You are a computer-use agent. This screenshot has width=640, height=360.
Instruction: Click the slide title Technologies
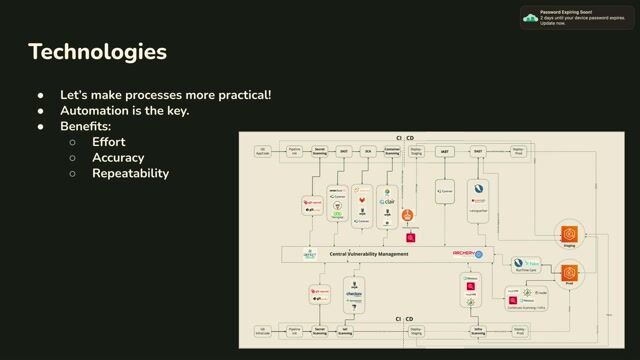click(x=97, y=51)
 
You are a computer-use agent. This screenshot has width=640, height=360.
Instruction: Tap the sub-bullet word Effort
click(x=108, y=142)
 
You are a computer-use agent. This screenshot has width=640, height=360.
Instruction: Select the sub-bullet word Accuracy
click(x=118, y=158)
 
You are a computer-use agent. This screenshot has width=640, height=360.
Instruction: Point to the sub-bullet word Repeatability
click(x=130, y=174)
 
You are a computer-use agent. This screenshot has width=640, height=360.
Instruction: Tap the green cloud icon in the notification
click(x=530, y=18)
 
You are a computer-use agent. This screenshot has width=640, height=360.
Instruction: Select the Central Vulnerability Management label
click(x=369, y=254)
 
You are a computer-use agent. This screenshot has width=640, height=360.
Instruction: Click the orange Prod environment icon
click(x=570, y=273)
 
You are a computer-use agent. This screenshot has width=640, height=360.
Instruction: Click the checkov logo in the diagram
click(x=354, y=294)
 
